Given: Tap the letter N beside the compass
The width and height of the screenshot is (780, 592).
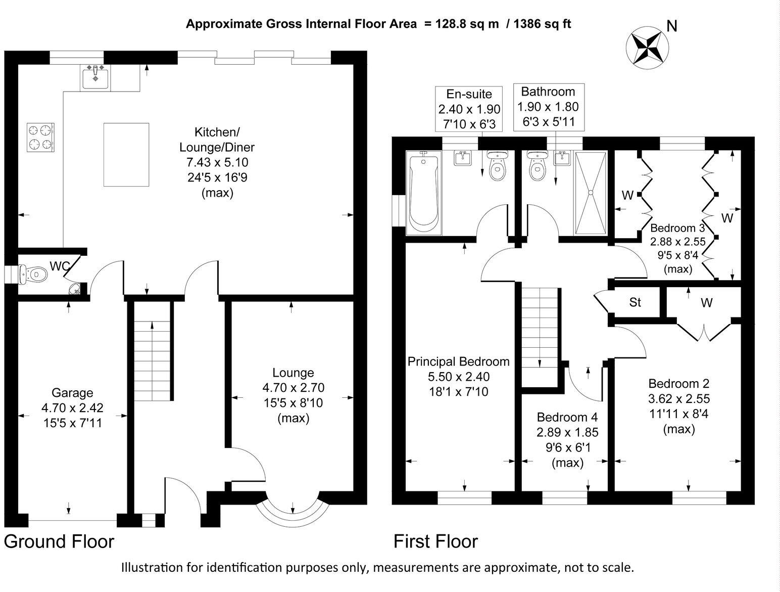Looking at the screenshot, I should (671, 26).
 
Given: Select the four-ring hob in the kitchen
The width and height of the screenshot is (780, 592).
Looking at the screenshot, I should (40, 138).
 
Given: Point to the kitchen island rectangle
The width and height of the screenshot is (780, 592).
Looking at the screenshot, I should (126, 155).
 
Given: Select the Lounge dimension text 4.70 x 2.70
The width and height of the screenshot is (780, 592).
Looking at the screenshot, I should (293, 388).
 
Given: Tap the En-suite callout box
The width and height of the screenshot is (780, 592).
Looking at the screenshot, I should (469, 109).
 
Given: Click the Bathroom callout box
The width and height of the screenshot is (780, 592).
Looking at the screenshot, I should (548, 107).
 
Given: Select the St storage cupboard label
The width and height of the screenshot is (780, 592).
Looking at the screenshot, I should (635, 302).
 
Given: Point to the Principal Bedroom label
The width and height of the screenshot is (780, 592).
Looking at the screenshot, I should (458, 361).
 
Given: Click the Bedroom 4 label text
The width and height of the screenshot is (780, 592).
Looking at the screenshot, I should (567, 417).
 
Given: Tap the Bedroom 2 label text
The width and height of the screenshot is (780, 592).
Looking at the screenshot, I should (678, 383).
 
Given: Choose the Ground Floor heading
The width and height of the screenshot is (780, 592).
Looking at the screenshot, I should (59, 541).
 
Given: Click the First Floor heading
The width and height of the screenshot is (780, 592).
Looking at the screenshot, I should (435, 541).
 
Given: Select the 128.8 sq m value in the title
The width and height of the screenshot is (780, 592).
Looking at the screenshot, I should (461, 24).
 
